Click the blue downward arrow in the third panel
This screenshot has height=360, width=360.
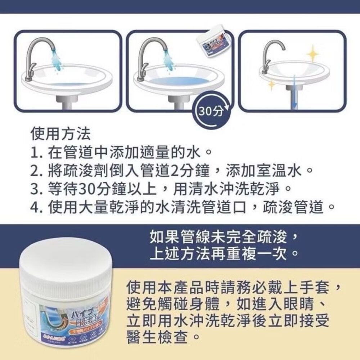(x=294, y=91)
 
